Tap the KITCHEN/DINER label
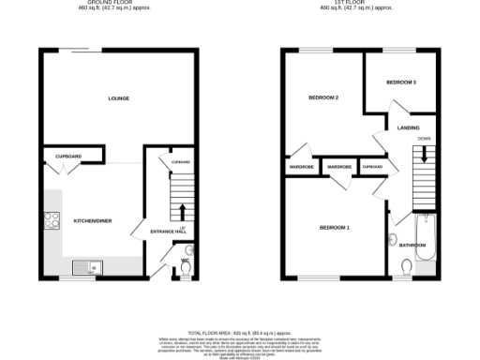pos(93,220)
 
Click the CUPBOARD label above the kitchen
pos(68,156)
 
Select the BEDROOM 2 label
pos(323,97)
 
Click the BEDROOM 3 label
pos(401,82)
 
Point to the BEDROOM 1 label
pos(334,227)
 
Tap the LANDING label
pos(408,127)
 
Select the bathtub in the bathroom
pos(423,239)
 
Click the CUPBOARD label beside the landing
pos(372,167)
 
